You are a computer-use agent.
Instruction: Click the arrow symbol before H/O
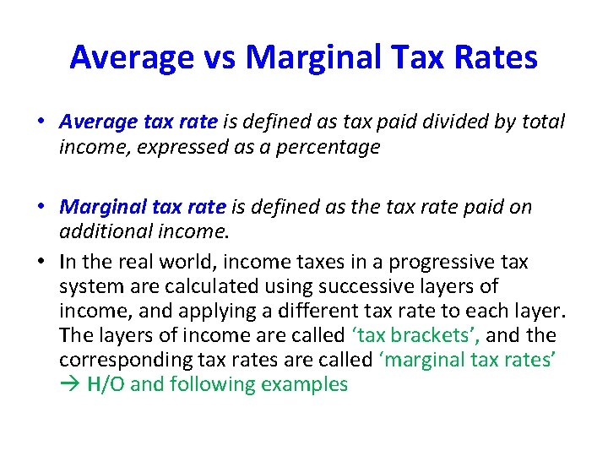pyautogui.click(x=71, y=384)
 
